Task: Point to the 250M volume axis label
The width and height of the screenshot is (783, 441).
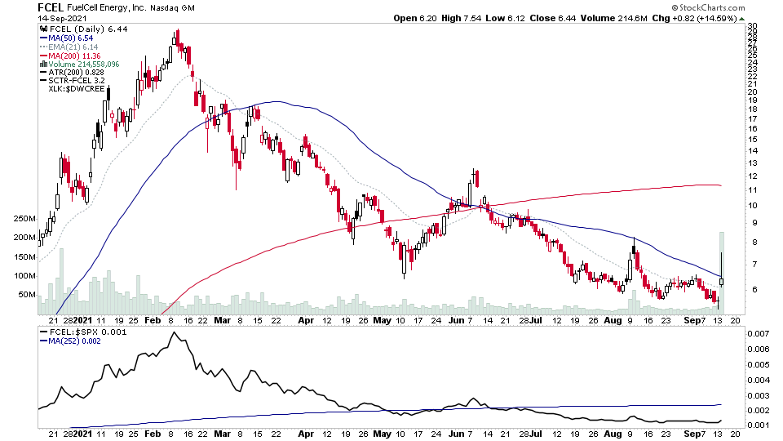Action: [x=24, y=219]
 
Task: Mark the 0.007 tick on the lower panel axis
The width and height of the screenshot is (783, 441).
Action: [x=758, y=334]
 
